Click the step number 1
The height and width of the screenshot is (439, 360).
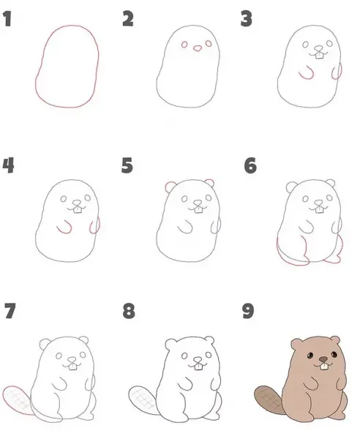[7, 19]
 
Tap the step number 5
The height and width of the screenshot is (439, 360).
[127, 165]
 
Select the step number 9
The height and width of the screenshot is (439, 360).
[248, 311]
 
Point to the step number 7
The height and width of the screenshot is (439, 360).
[10, 311]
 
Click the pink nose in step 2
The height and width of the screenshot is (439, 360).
[198, 48]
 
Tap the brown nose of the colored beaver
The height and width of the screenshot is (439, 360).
[323, 359]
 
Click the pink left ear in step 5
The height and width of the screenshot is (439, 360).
[170, 187]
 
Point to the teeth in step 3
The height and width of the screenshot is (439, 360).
[320, 56]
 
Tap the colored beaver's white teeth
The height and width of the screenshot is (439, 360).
[323, 367]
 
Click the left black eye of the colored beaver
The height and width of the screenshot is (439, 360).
[310, 356]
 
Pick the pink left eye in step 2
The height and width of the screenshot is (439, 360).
[184, 45]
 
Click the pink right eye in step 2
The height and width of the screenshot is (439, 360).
[209, 43]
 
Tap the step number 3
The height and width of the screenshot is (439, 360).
[247, 19]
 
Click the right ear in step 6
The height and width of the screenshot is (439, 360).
[331, 183]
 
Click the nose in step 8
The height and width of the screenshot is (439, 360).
[198, 360]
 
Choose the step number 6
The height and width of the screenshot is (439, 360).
[250, 165]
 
